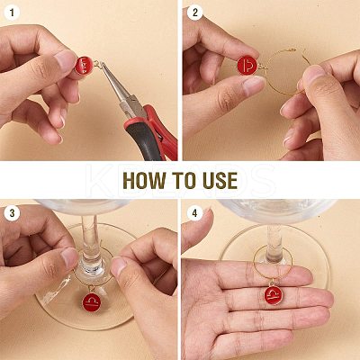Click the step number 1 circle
tap(12, 13)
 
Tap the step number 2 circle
tap(195, 13)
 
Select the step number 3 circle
tap(12, 213)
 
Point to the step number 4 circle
tap(195, 213)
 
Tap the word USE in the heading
tap(220, 181)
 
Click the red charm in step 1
tap(84, 66)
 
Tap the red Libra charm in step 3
tap(91, 302)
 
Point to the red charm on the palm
tap(274, 295)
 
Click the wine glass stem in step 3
tap(90, 240)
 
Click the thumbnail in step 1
tap(65, 59)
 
